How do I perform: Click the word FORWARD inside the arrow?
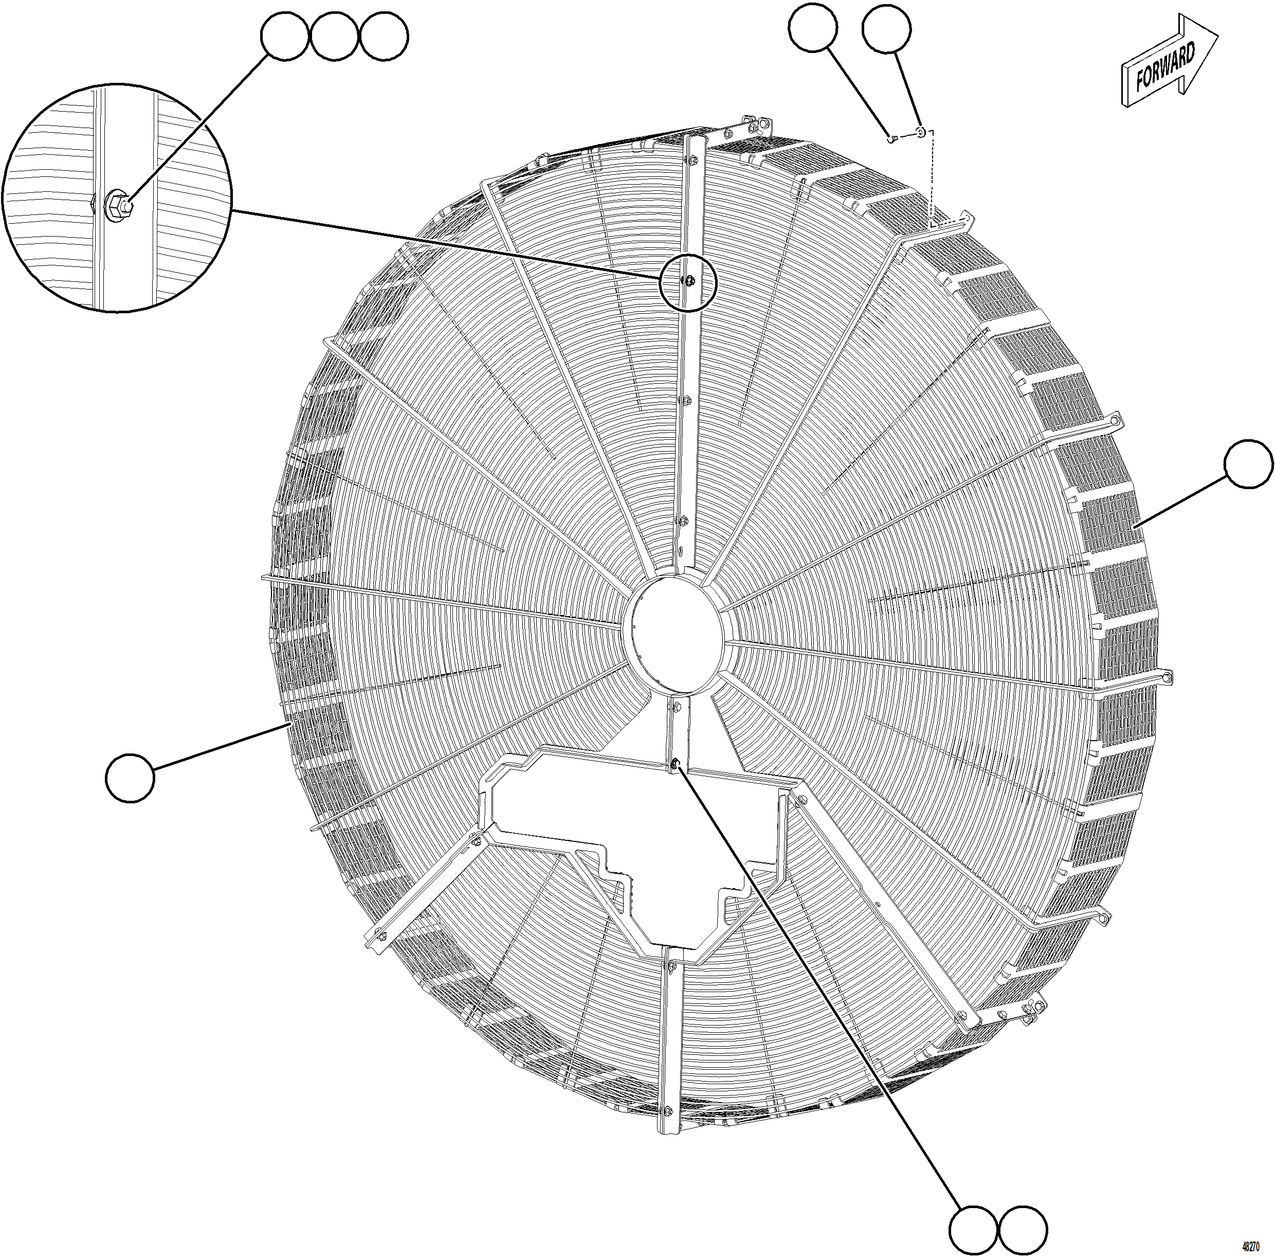tap(1165, 68)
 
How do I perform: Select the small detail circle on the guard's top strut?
tap(688, 282)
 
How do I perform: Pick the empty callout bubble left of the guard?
tap(130, 779)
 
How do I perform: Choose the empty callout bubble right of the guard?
tap(1248, 464)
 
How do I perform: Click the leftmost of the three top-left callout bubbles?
tap(285, 37)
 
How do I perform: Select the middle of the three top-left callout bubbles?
tap(334, 37)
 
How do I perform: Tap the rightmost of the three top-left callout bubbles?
tap(384, 37)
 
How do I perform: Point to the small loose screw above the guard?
tap(891, 138)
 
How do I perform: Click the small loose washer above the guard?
tap(920, 133)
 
